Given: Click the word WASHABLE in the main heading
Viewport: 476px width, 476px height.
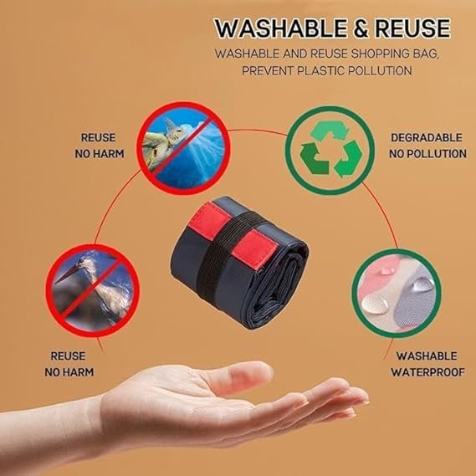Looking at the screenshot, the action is [x=281, y=28].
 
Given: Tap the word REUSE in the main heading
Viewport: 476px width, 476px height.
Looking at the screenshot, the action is [x=412, y=28].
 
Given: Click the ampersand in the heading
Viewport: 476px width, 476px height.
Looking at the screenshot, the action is [x=361, y=28].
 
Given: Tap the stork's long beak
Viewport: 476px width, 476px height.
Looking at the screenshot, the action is [x=69, y=274].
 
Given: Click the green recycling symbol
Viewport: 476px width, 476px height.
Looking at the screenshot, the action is [x=331, y=149].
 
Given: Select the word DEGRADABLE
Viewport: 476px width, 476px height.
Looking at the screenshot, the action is [x=426, y=137].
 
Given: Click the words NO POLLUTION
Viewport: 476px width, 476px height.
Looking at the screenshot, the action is [x=427, y=154].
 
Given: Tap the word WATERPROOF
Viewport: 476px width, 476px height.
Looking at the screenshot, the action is [x=427, y=372].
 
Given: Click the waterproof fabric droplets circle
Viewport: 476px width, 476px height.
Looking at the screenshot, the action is [x=397, y=294].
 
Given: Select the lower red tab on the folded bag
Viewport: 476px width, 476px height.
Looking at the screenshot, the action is [x=255, y=249].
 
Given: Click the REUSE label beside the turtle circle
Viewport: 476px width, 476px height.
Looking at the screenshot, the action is [x=98, y=137].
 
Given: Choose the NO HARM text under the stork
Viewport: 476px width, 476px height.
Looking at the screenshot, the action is [x=69, y=372].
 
